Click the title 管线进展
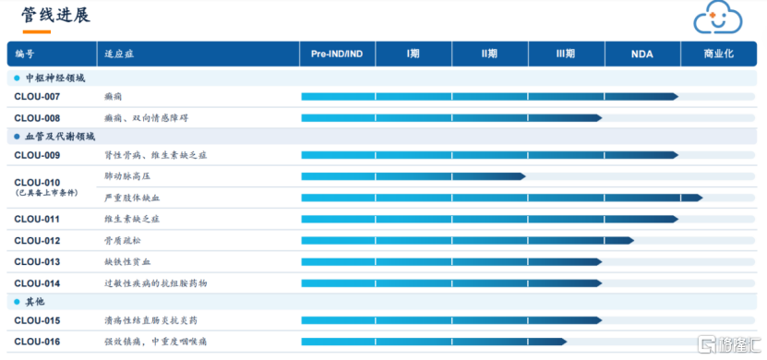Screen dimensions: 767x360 pos(55,15)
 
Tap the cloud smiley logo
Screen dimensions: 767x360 pos(718,18)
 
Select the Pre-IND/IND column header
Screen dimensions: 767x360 pos(337,54)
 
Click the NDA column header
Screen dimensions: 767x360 pos(642,54)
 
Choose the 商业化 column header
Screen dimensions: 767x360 pos(719,54)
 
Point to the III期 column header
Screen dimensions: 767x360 pos(566,54)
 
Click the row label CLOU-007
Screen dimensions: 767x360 pos(37,97)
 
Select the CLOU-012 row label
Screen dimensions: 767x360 pos(37,241)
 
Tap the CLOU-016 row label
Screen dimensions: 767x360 pos(37,342)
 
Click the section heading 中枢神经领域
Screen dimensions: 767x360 pos(55,78)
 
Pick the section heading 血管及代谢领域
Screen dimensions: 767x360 pos(61,137)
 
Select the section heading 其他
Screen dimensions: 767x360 pos(35,302)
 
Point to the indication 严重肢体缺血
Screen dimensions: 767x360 pos(132,198)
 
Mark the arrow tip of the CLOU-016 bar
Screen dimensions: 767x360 pos(567,342)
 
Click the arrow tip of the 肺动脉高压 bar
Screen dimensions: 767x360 pos(525,176)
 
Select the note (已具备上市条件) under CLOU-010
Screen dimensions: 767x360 pos(46,193)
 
